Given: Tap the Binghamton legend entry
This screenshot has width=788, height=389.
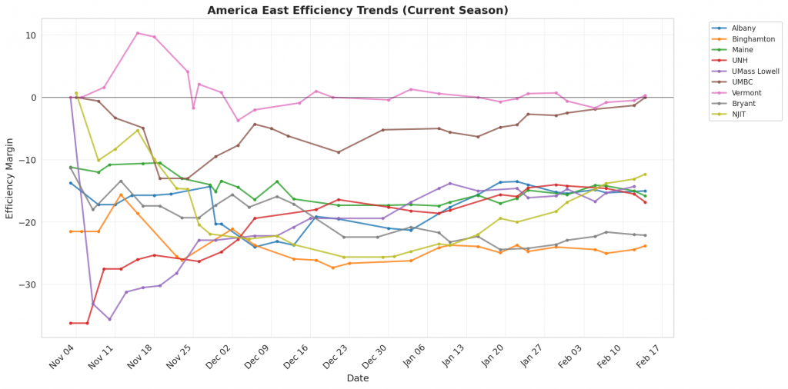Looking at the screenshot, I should click(753, 38).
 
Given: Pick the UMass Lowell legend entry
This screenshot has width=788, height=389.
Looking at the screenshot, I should click(756, 71).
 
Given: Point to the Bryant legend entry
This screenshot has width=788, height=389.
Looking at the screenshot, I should click(743, 103).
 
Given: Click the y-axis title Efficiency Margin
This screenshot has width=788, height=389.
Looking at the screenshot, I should click(10, 177).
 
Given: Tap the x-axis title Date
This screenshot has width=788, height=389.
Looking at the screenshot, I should click(357, 378).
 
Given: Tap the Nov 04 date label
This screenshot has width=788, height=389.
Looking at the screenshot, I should click(62, 356).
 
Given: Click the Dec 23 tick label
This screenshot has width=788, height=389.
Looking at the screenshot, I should click(330, 356).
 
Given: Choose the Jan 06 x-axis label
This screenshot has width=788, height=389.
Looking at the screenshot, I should click(409, 356).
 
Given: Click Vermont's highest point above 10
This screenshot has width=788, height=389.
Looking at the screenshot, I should click(137, 33).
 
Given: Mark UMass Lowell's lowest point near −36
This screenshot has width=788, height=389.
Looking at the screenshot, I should click(109, 319).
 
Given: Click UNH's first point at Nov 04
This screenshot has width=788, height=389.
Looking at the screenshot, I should click(71, 323).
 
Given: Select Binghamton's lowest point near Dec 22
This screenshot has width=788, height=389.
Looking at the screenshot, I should click(332, 268).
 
